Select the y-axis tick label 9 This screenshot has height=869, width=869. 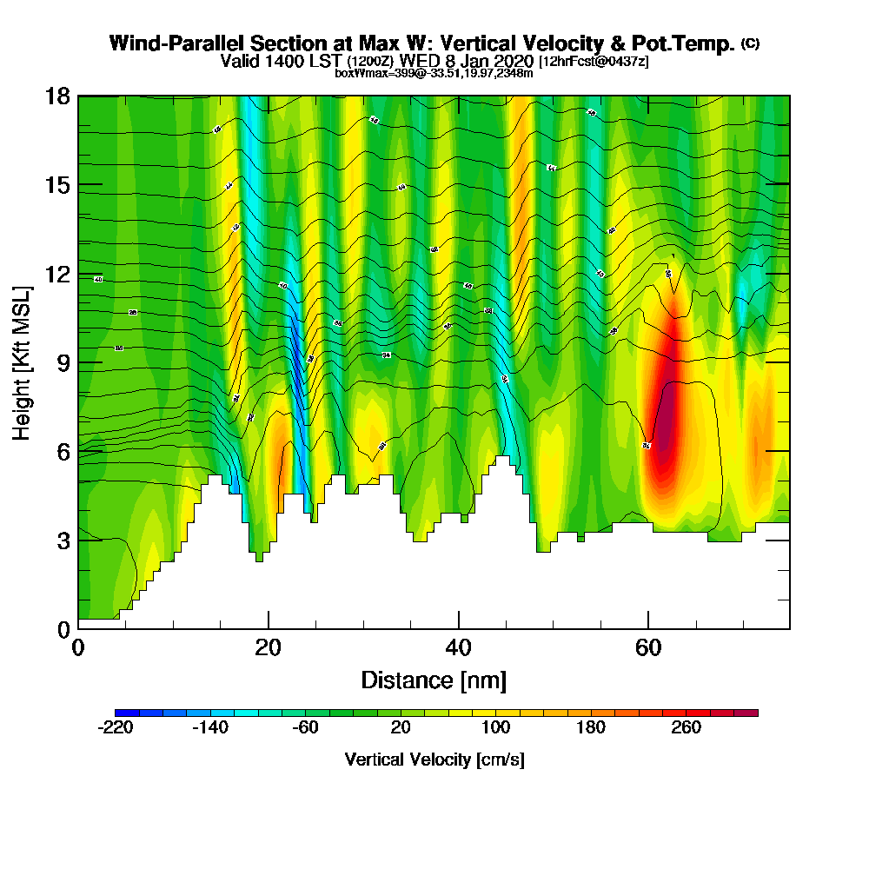(x=62, y=362)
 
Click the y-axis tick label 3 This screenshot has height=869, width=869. (x=62, y=541)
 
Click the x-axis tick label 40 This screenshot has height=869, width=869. (x=458, y=647)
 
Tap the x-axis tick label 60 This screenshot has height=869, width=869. (x=647, y=647)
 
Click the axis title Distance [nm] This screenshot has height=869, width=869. (x=434, y=679)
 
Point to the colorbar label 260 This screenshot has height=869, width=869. (x=687, y=727)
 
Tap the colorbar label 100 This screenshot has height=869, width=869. (x=495, y=727)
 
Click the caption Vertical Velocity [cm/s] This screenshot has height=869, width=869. (x=434, y=760)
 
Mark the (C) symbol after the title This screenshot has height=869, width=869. (x=751, y=43)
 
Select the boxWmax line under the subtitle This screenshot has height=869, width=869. (x=434, y=73)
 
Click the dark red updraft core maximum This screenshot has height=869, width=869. (x=665, y=430)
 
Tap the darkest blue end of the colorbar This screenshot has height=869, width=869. (x=121, y=713)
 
